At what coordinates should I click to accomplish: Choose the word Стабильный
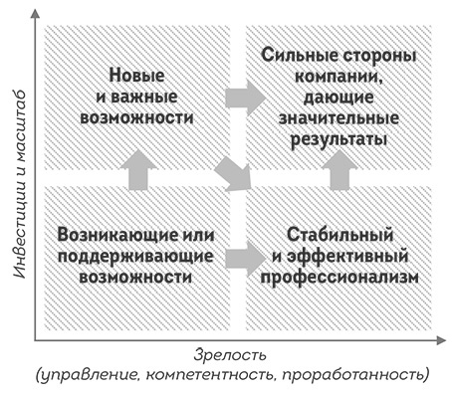pyautogui.click(x=333, y=236)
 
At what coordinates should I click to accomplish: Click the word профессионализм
pyautogui.click(x=333, y=279)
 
